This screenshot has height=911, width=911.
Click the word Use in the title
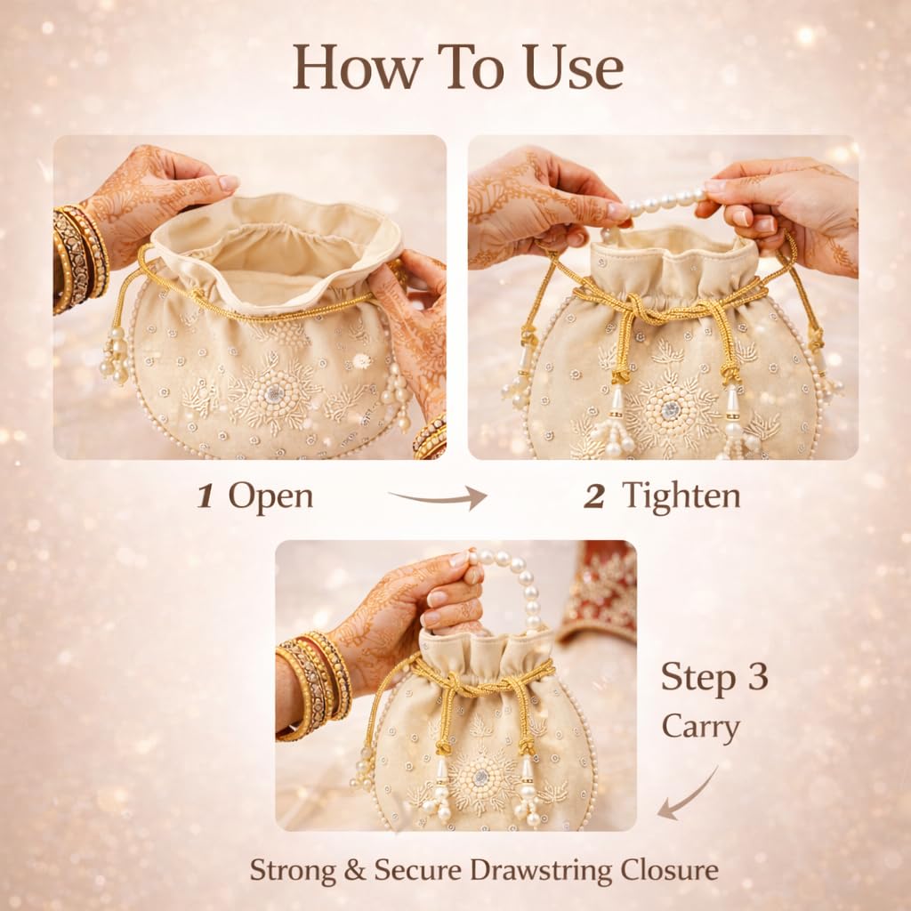coord(574,68)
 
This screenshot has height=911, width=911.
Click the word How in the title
coord(356,68)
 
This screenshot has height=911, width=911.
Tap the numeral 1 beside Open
coord(205,496)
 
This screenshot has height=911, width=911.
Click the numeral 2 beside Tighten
coord(593,496)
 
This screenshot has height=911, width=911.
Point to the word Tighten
coord(681,497)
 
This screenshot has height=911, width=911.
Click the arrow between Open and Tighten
coord(439,498)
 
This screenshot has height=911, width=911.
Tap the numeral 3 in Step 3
coord(758,677)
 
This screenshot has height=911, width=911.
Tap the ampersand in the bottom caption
coord(355,871)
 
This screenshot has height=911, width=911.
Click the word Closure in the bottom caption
coord(669,870)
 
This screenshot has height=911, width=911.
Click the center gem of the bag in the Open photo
coord(274,394)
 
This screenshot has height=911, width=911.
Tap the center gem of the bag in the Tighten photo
coord(671,410)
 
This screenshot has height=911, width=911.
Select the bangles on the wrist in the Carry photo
coord(314,686)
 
